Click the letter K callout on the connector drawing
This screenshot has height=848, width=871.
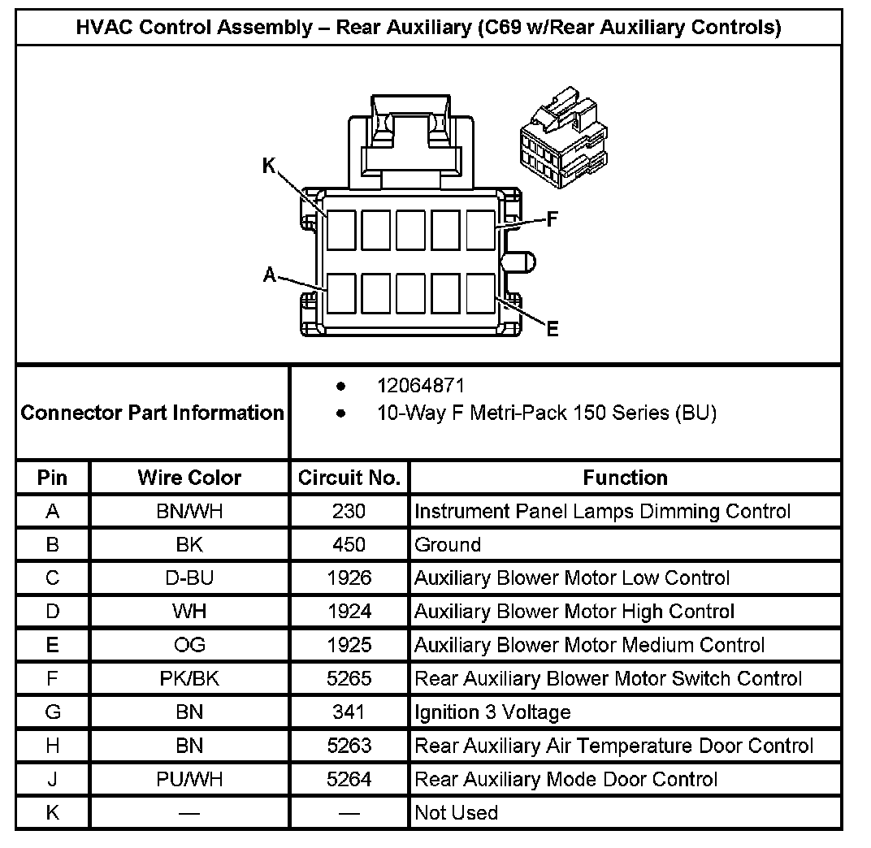coord(270,166)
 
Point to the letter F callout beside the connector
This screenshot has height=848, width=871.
coord(552,219)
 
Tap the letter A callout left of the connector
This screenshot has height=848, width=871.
coord(270,275)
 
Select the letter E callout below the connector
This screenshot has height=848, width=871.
coord(552,329)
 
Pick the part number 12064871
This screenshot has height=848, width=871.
coord(421,386)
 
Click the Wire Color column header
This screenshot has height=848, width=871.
coord(189,478)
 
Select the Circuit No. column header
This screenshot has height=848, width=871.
coord(349,478)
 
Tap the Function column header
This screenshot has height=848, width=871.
coord(625,478)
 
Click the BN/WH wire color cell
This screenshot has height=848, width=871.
coord(189,512)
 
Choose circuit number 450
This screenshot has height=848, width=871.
coord(349,545)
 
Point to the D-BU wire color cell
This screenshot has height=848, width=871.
coord(189,578)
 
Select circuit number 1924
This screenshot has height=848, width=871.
coord(349,612)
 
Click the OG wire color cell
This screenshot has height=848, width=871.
coord(189,645)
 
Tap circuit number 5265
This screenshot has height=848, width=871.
coord(349,678)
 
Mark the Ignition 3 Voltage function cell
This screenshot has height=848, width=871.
coord(492,712)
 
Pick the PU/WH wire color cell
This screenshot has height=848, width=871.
coord(189,779)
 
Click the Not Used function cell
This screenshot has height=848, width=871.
coord(456,812)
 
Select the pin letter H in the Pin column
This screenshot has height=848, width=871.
coord(53,746)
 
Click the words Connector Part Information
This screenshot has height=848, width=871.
coord(152,413)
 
